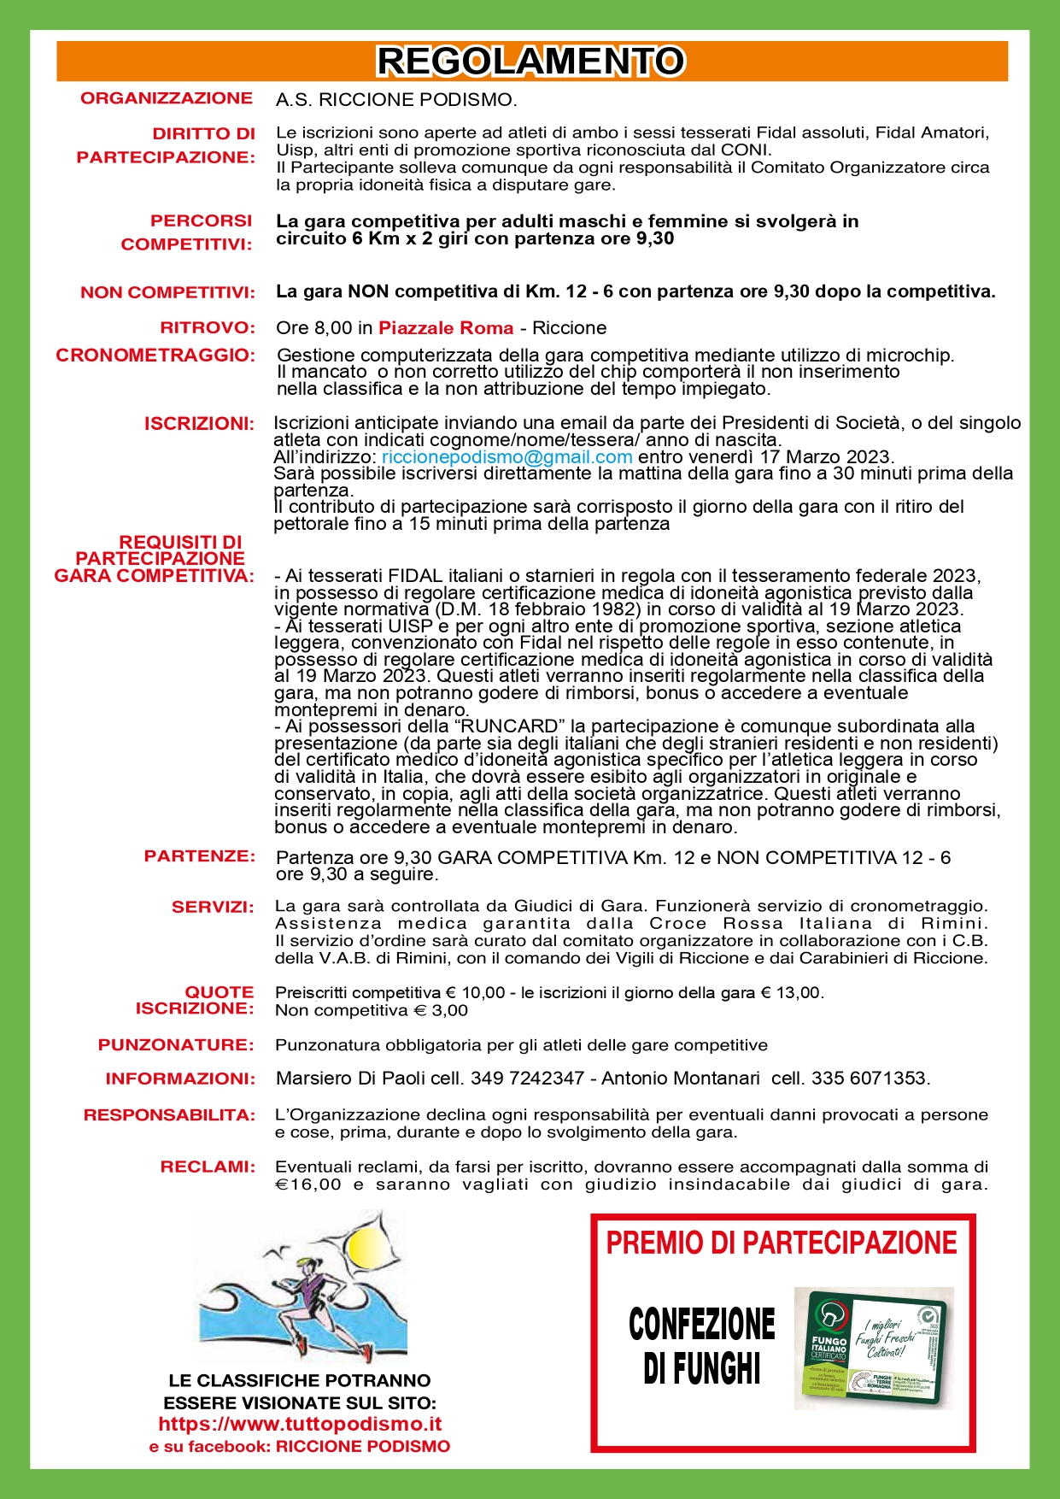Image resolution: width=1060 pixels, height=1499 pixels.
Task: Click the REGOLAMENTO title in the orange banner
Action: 530,62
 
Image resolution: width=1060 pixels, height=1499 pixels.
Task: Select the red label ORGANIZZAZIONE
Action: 167,98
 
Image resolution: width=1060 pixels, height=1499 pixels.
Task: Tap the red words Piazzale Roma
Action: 446,328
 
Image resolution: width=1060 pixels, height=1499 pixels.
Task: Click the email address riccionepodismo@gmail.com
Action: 507,456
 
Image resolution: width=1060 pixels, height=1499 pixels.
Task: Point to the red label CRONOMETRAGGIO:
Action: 155,356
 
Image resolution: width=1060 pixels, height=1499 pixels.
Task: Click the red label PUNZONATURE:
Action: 176,1044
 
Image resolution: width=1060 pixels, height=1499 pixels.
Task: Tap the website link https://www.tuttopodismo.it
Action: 300,1424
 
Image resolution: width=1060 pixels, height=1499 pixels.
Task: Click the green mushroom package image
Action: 873,1347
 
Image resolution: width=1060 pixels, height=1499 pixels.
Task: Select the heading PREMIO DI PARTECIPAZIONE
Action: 782,1243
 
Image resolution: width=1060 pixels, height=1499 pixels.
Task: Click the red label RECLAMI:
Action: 208,1167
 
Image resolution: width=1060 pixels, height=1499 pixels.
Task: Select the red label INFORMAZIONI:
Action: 180,1079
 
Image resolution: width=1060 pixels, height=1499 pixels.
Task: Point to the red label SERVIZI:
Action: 213,907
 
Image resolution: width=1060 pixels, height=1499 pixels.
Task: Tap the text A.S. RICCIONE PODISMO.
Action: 396,100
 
